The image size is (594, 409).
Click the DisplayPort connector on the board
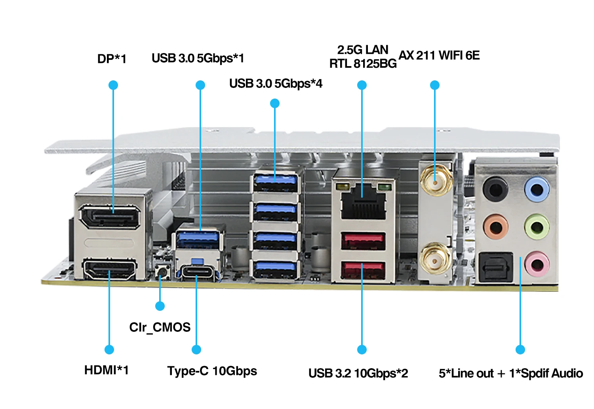click(110, 217)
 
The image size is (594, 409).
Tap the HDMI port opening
click(110, 269)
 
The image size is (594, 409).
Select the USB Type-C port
click(198, 273)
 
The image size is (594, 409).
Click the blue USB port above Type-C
click(198, 240)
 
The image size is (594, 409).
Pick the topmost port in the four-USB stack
click(275, 183)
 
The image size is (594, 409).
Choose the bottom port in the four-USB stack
click(275, 269)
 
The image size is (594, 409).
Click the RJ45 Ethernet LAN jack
click(363, 202)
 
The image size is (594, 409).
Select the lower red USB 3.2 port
click(363, 270)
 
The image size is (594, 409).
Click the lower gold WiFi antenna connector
click(435, 259)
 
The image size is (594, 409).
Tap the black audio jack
click(495, 189)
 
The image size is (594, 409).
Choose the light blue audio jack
click(537, 189)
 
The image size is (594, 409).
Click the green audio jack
click(537, 227)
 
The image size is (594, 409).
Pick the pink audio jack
click(537, 264)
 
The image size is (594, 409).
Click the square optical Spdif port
click(496, 268)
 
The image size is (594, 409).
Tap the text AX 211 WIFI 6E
click(439, 55)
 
